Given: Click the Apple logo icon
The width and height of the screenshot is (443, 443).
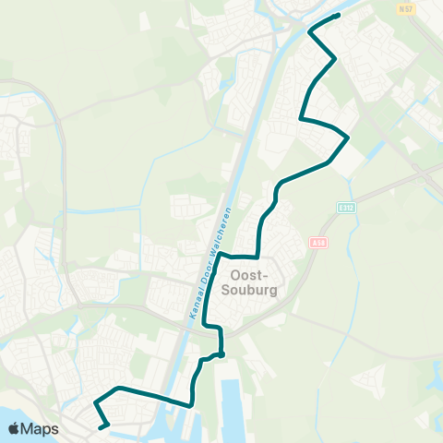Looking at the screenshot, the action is [x=14, y=428].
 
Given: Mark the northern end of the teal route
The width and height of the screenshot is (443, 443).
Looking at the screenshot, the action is [x=339, y=15].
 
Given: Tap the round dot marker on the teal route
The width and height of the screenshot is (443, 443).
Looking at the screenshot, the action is [x=221, y=353].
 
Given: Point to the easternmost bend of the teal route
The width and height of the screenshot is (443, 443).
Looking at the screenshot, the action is [x=348, y=138].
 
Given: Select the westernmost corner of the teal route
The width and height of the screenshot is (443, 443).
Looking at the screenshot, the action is [x=93, y=403].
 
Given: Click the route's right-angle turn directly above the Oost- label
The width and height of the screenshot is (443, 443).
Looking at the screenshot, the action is [x=257, y=257].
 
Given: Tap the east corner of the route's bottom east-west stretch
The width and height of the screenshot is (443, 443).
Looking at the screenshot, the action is [x=190, y=404].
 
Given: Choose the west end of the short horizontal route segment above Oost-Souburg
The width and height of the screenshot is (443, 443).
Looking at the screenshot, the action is [x=222, y=255].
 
